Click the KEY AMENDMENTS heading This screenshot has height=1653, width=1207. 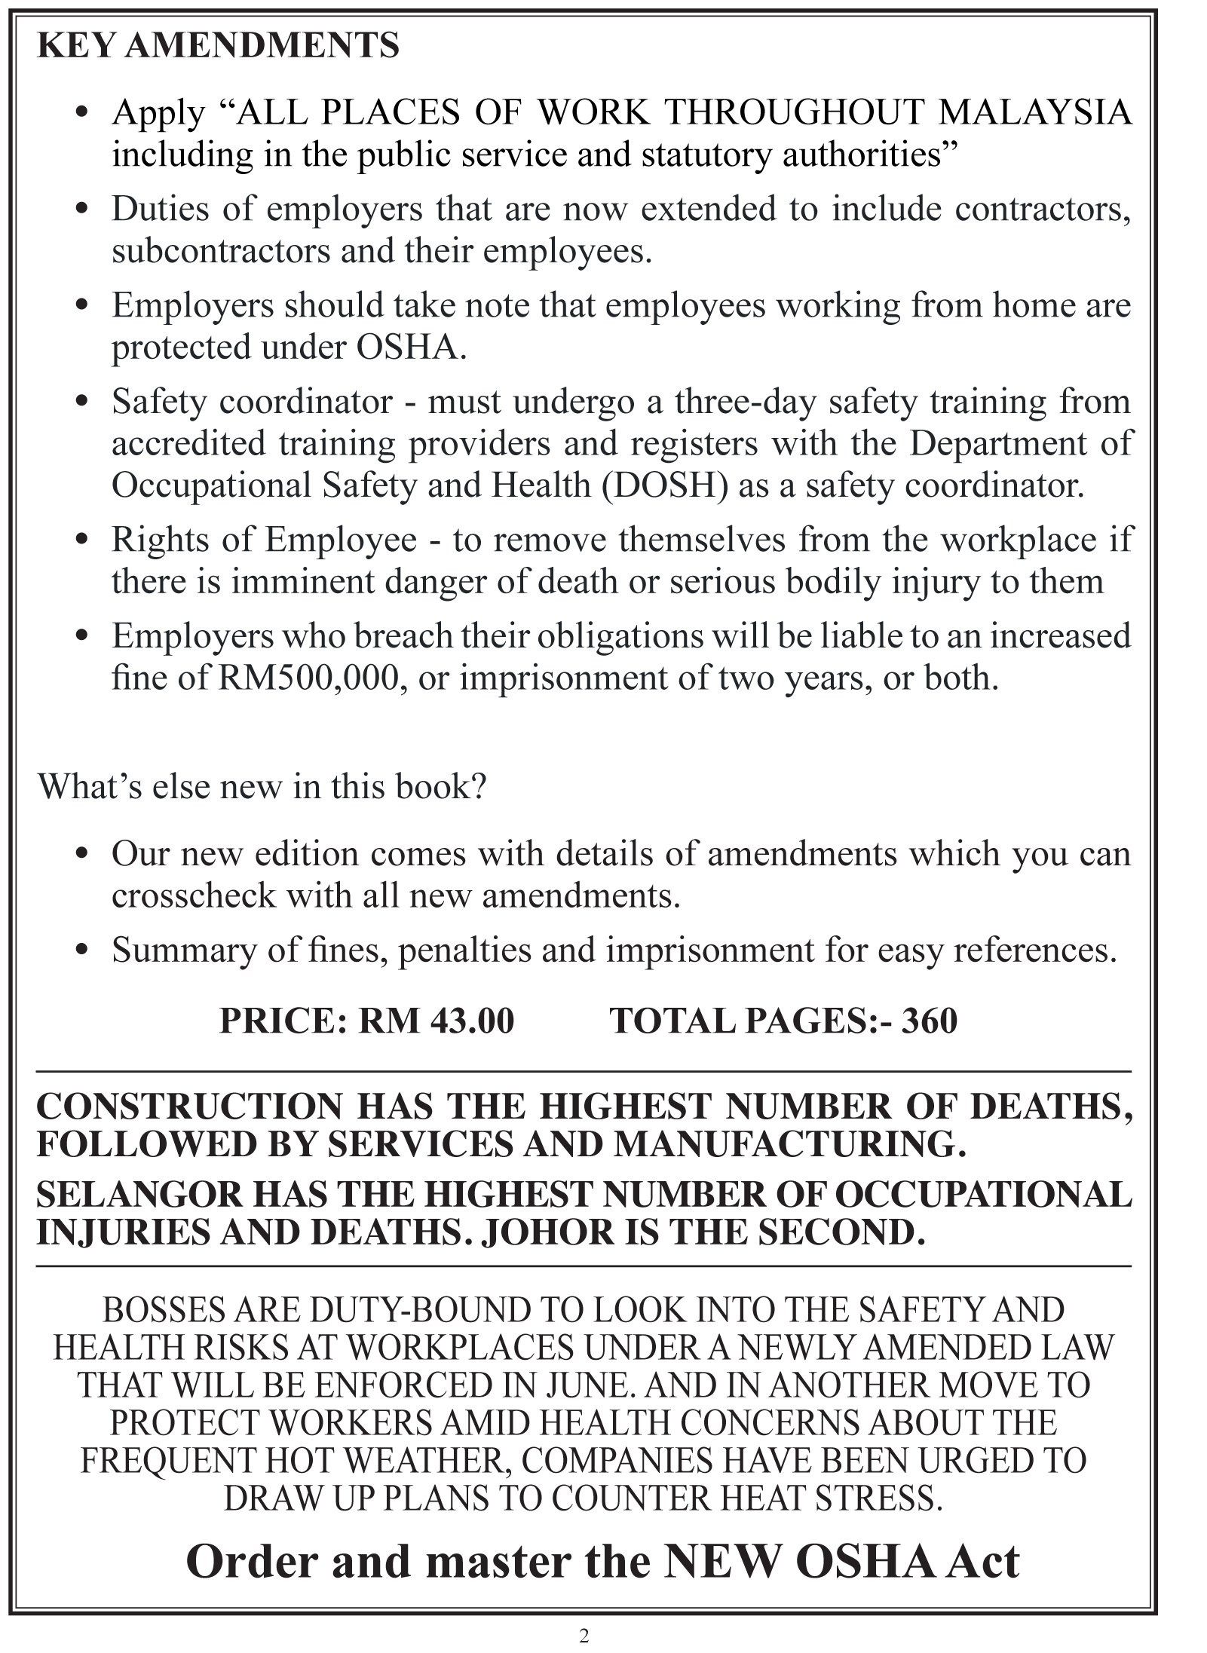217,47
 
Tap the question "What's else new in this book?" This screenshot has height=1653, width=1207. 262,787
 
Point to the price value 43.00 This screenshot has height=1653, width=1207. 473,1021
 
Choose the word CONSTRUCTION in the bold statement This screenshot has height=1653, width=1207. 188,1107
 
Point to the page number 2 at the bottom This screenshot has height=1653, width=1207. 584,1633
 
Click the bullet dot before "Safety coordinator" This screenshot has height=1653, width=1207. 84,403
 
